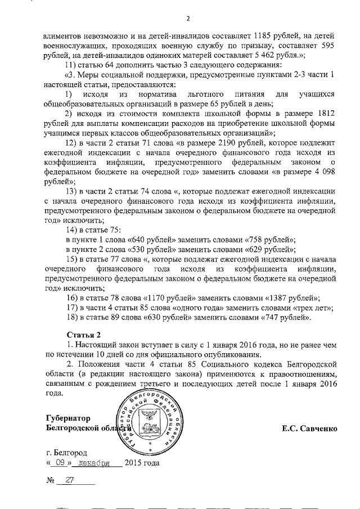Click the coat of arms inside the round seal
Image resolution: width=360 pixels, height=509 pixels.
[150, 418]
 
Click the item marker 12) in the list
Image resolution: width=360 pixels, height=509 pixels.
[73, 143]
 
